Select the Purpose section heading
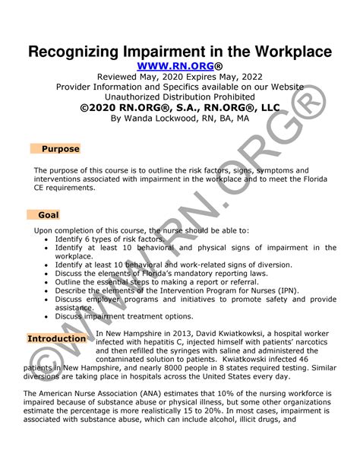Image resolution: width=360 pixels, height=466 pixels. coord(60,149)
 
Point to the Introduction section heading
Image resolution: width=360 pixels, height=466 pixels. coord(56,338)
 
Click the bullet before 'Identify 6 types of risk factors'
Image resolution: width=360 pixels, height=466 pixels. coord(47,239)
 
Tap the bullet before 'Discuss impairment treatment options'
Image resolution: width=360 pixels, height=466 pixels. coord(47,316)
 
